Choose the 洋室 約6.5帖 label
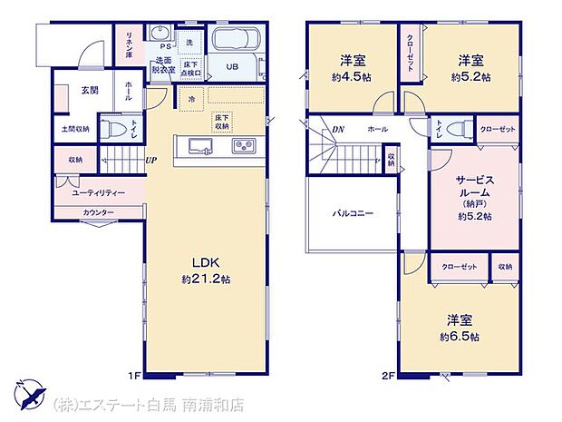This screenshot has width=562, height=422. point(462,328)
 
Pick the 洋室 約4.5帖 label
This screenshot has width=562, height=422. point(353,68)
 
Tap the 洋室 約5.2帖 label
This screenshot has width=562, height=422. point(470,68)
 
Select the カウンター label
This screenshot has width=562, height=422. point(98,212)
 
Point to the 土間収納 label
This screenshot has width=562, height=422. point(73,130)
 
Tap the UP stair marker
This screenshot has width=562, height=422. point(150,162)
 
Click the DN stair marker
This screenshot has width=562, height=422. point(337,130)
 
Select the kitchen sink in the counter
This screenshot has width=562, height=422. point(201,146)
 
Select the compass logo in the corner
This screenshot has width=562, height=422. point(30,394)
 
